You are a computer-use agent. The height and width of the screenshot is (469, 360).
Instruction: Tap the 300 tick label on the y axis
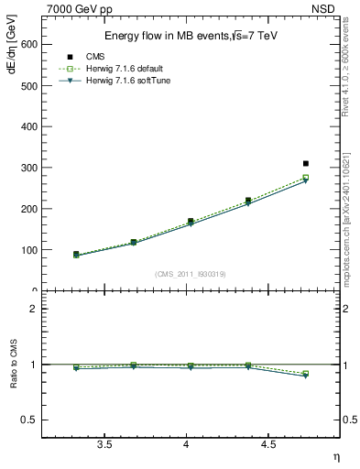(x=29, y=168)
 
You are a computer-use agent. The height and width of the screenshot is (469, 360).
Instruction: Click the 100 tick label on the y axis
(x=29, y=250)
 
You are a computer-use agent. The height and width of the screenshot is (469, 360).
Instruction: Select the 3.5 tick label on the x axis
(x=104, y=444)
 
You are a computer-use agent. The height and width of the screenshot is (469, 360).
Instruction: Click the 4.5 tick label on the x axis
(x=267, y=444)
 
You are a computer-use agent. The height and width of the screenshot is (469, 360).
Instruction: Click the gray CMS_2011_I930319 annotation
(x=191, y=274)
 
